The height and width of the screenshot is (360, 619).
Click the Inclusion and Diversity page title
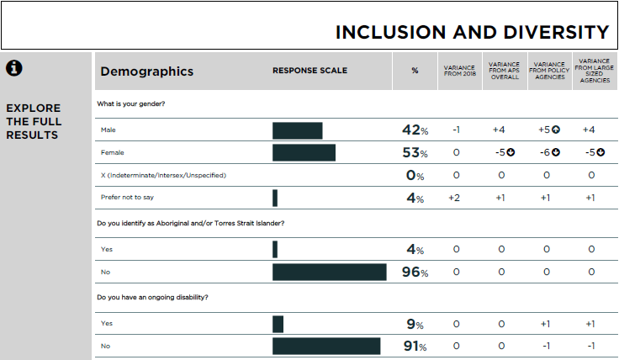(472, 32)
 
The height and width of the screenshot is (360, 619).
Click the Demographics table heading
(147, 71)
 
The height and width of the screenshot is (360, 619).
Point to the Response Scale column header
(309, 71)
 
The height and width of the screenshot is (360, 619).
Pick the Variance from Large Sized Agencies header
(595, 71)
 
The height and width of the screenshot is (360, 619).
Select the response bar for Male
(297, 130)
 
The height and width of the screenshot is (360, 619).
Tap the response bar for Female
(304, 153)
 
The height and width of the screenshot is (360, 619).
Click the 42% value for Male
(415, 130)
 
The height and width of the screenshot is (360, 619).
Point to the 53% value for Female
(415, 153)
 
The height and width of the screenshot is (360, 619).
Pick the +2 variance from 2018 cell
(456, 198)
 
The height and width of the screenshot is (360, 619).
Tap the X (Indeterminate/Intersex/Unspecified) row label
(163, 175)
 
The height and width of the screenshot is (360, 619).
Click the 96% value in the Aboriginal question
(415, 273)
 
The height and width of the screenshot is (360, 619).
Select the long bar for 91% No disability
(326, 347)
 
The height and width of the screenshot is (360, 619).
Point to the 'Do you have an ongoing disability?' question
(152, 297)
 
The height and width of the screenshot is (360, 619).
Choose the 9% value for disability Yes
(415, 324)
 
